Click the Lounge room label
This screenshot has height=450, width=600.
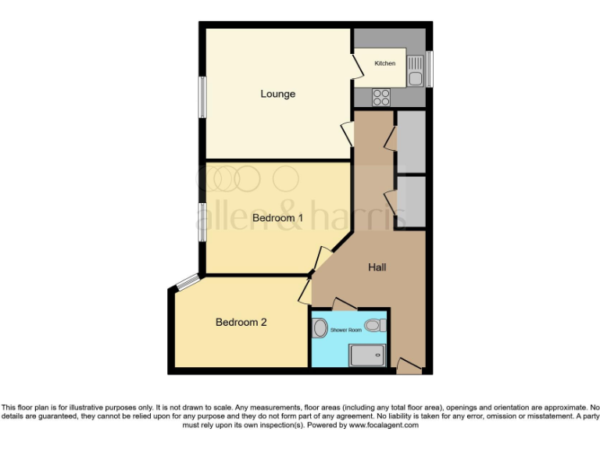coord(278,94)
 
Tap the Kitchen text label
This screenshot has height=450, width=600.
coord(384,63)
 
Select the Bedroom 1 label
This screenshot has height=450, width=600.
coord(277,218)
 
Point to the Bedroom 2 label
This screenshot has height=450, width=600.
coord(241,322)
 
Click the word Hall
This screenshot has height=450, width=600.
coord(377,267)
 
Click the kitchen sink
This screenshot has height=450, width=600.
coord(415,77)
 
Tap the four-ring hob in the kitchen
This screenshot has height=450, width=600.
coord(381,98)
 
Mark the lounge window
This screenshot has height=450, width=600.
coord(202,97)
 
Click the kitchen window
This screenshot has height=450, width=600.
coord(429,69)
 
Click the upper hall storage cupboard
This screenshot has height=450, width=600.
coord(410,141)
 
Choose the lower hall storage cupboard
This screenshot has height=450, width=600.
coord(410,202)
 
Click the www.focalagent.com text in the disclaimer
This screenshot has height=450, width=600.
coord(383,426)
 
